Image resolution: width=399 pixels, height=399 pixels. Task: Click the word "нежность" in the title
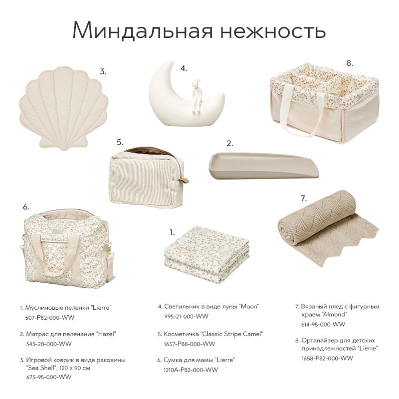click(x=273, y=30)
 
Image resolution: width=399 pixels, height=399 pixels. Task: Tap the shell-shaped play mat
click(x=64, y=108)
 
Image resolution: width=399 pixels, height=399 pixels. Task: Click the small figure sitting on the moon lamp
click(x=196, y=96)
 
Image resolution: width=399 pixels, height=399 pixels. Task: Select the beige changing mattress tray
click(x=264, y=166)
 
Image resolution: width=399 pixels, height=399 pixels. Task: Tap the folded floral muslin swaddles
click(x=206, y=254)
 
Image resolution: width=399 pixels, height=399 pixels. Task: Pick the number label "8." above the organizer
click(x=350, y=63)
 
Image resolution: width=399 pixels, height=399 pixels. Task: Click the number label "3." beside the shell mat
click(x=103, y=72)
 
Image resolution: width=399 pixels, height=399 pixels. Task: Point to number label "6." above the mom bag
click(x=26, y=207)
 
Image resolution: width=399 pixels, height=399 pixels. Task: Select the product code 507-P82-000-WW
click(x=49, y=318)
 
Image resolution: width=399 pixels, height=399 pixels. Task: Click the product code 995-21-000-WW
click(x=186, y=316)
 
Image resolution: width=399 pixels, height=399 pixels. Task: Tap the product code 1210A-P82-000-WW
click(x=191, y=370)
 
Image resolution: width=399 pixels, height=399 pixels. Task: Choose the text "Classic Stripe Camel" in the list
click(x=231, y=334)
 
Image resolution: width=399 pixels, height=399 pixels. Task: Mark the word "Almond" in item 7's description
click(x=334, y=315)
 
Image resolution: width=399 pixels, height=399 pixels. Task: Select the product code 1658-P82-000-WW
click(x=327, y=358)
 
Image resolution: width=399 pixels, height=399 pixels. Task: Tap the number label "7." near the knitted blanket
click(x=304, y=199)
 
